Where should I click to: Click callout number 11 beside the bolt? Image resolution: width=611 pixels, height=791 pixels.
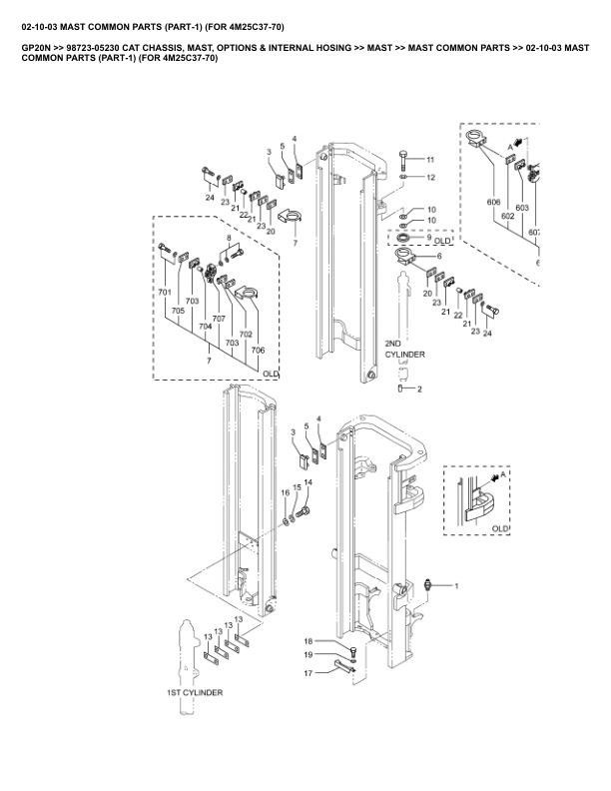430,160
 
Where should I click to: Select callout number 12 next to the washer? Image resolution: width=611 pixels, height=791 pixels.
430,178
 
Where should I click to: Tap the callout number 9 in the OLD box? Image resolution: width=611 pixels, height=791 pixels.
429,237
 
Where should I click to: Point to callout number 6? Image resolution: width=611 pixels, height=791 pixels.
439,257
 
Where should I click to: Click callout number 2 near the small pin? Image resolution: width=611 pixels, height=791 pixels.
420,389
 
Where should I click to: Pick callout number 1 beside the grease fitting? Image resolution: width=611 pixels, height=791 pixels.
456,586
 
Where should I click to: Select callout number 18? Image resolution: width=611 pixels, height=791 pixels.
308,641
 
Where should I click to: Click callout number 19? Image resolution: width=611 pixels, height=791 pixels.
308,655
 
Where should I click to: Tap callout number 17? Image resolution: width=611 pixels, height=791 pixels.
308,673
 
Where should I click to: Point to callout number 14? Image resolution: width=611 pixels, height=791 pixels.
308,482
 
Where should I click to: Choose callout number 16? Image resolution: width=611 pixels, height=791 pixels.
286,492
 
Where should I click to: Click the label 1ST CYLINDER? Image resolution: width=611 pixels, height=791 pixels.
195,693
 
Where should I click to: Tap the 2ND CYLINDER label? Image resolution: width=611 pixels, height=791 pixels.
404,350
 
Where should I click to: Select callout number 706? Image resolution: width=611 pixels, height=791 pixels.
258,351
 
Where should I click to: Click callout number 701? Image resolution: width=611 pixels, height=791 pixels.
165,292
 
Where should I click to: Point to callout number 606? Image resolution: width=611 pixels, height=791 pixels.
493,203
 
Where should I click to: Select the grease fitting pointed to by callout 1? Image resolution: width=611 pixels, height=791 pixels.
428,585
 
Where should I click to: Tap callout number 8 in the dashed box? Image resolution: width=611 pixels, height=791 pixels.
229,238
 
